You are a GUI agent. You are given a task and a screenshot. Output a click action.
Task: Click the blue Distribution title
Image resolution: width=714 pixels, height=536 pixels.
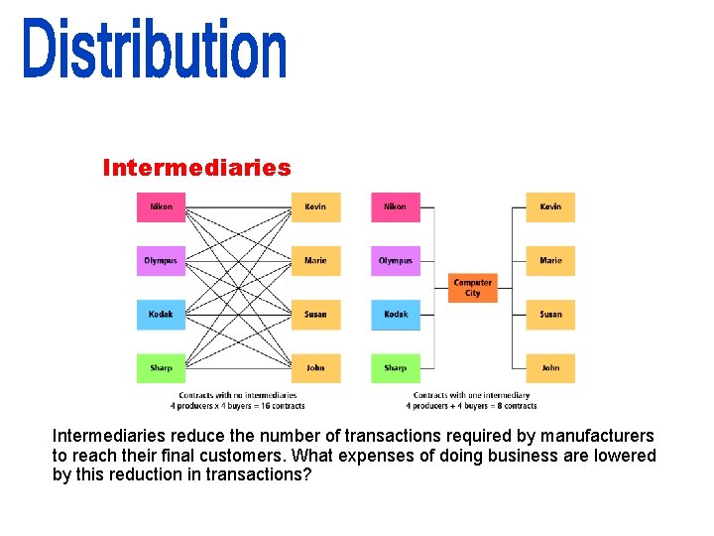tap(157, 49)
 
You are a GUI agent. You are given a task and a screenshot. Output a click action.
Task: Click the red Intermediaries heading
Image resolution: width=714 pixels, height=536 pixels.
tap(196, 168)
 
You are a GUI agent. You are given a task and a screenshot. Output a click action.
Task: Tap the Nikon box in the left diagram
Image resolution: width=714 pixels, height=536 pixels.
tap(161, 206)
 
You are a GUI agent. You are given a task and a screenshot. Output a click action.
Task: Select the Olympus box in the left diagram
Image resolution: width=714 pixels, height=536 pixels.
tap(161, 260)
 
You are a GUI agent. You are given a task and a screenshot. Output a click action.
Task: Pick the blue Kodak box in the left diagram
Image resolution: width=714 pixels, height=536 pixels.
tap(161, 314)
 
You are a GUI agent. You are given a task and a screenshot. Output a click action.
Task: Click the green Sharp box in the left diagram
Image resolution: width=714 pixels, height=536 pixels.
tap(161, 367)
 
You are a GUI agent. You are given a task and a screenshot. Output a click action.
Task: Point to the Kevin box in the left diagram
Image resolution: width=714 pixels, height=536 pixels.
tap(315, 206)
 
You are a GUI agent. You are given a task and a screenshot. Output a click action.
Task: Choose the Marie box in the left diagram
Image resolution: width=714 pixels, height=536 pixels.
tap(315, 260)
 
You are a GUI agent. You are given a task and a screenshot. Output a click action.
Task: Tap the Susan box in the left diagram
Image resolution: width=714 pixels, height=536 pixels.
tap(315, 314)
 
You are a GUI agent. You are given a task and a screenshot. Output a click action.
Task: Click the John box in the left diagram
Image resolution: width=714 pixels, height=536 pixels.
tap(315, 367)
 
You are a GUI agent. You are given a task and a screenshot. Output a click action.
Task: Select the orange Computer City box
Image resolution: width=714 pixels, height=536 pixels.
tap(472, 288)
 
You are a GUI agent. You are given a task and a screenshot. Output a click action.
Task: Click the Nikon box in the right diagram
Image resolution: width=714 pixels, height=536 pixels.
tap(395, 206)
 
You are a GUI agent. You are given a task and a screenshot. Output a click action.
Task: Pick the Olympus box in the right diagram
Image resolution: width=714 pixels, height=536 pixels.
tap(395, 260)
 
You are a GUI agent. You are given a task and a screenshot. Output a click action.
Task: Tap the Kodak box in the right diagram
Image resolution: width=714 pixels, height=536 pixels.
tap(395, 314)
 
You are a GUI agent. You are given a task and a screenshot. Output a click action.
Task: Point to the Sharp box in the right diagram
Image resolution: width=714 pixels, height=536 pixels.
tap(395, 367)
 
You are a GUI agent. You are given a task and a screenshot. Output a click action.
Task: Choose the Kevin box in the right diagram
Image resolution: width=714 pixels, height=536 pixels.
tap(550, 206)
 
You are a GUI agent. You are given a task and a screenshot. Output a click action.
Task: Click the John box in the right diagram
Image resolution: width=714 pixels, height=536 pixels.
tap(550, 367)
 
